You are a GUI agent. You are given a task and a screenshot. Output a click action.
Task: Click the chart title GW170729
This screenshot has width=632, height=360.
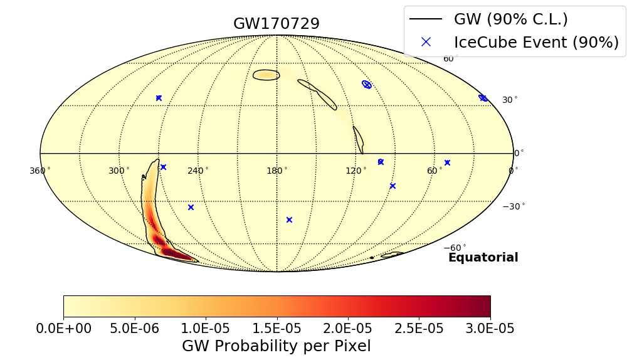(x=276, y=24)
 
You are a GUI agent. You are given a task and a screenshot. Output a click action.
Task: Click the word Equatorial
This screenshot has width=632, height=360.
(x=483, y=258)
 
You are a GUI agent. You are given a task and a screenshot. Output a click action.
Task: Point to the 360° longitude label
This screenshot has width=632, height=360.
(x=40, y=171)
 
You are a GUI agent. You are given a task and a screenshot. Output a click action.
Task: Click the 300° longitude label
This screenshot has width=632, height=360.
(x=119, y=171)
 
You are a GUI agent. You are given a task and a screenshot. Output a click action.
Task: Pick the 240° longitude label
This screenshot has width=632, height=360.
(x=198, y=171)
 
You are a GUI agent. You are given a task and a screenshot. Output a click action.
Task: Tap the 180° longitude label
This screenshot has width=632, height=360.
(x=276, y=171)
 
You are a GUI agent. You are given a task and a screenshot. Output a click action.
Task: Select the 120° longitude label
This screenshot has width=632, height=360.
(x=355, y=171)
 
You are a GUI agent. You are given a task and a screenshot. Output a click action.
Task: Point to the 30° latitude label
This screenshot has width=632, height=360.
(x=510, y=100)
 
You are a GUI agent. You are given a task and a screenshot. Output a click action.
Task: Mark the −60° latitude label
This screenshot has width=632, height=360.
(x=456, y=248)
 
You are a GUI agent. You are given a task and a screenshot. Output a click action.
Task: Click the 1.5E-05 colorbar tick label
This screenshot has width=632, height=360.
(x=276, y=329)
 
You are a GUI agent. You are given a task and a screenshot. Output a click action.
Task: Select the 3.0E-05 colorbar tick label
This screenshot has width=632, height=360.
(x=490, y=329)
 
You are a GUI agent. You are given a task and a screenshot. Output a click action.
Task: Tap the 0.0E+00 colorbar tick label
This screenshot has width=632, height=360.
(x=64, y=329)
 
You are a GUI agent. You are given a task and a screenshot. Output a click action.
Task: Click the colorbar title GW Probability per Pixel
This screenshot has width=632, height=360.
(x=276, y=346)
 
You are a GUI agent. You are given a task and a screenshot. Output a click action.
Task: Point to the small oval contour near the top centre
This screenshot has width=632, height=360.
(x=266, y=75)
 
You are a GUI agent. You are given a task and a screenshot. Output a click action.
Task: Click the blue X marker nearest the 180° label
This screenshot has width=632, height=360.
(x=289, y=220)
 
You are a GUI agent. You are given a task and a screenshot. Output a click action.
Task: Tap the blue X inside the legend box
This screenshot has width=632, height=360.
(x=426, y=42)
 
